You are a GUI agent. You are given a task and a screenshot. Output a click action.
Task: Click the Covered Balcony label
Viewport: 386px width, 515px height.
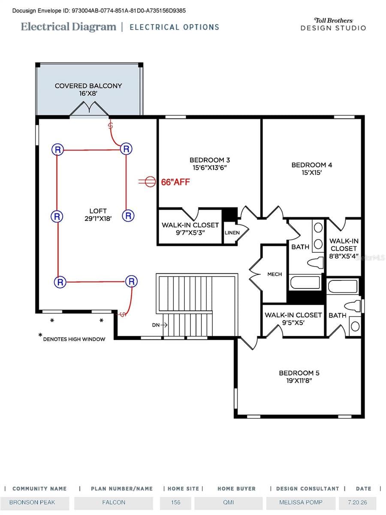[88, 89]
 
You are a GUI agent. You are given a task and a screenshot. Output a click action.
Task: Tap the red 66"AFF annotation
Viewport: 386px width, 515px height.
[175, 182]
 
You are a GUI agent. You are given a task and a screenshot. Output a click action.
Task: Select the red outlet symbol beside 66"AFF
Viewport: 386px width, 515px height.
[147, 182]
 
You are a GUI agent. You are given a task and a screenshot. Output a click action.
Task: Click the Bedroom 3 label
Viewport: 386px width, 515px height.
[210, 164]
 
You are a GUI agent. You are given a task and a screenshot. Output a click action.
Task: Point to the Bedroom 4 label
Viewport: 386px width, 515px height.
[312, 169]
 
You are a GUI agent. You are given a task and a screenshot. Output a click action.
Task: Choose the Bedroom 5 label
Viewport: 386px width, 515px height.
[299, 377]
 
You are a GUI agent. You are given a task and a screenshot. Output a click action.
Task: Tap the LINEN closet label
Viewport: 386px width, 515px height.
[232, 233]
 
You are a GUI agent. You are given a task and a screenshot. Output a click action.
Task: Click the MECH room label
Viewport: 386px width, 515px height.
[274, 274]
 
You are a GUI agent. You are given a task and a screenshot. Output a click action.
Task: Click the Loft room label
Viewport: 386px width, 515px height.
[98, 215]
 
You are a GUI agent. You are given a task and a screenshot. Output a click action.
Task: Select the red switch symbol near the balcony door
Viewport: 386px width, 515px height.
[110, 125]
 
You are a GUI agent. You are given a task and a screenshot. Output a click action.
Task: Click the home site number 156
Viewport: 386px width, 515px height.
[175, 502]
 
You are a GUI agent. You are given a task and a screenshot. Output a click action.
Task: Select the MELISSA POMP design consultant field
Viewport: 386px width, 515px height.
[301, 502]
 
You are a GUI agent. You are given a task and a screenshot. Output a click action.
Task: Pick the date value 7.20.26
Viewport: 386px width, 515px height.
[357, 502]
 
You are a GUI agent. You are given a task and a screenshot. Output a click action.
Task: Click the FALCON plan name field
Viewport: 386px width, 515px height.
[114, 502]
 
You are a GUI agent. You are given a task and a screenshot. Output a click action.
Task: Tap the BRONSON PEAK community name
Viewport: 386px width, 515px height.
[32, 502]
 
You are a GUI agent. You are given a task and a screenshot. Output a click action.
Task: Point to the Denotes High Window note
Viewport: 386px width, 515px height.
[72, 338]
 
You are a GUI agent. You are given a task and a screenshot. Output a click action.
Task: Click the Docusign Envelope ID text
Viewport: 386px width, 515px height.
[99, 11]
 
